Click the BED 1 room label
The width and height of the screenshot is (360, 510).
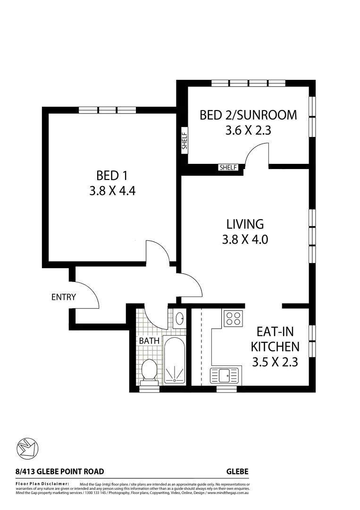click(x=112, y=176)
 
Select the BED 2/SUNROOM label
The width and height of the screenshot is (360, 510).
click(x=248, y=115)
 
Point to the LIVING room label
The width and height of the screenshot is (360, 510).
click(x=244, y=224)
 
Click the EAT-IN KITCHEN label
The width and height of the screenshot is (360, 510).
click(x=275, y=339)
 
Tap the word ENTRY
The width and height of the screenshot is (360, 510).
click(x=64, y=297)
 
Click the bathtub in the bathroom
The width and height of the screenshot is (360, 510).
click(x=175, y=360)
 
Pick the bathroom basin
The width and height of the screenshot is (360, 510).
click(x=179, y=319)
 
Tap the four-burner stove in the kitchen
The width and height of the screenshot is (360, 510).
click(x=232, y=319)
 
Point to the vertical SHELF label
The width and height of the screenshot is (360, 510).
click(x=184, y=141)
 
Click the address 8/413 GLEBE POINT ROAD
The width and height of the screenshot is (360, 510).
click(x=59, y=471)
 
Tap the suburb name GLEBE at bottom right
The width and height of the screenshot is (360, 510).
click(x=237, y=471)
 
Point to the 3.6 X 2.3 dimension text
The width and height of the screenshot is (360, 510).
click(x=248, y=130)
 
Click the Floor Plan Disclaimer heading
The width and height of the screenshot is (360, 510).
click(x=43, y=484)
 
